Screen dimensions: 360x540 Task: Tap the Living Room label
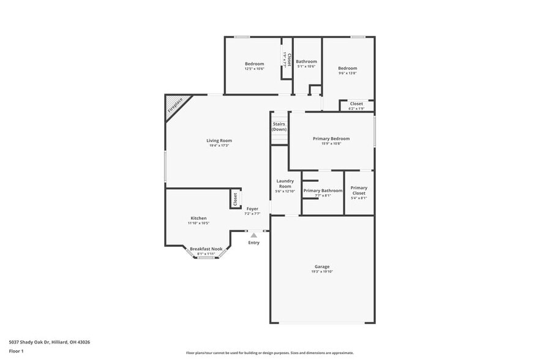click(219, 141)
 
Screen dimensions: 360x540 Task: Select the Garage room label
click(322, 266)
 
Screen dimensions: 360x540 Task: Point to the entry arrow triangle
click(253, 235)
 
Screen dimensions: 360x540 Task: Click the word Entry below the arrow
click(253, 243)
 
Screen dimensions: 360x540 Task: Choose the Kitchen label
click(198, 219)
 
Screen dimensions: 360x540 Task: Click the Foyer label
click(252, 209)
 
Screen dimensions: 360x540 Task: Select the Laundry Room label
click(285, 183)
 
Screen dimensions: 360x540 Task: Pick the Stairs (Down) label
click(279, 127)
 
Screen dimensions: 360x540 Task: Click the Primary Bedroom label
click(331, 139)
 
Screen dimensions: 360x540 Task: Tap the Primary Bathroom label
click(323, 191)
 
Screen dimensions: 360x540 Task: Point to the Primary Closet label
click(359, 190)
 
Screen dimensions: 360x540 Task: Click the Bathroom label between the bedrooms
click(307, 62)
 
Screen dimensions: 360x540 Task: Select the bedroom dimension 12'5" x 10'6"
click(254, 69)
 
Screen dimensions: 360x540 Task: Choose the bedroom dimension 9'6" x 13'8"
click(348, 73)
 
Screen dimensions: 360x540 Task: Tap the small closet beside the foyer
click(234, 199)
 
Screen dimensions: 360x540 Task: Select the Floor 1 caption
click(16, 351)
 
